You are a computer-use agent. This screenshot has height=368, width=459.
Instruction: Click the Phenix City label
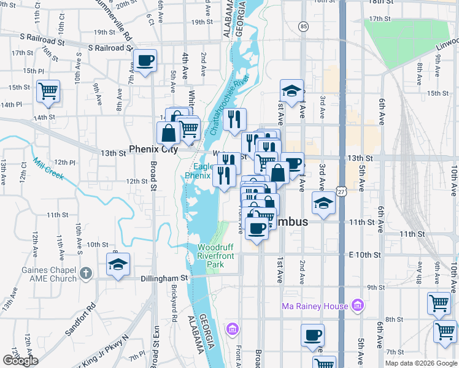tap(153, 150)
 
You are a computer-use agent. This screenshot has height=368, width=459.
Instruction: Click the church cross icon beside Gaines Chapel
tap(86, 274)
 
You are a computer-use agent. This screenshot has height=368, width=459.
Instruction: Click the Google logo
tap(20, 361)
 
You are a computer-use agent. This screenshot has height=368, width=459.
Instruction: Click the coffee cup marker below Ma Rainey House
tap(312, 335)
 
